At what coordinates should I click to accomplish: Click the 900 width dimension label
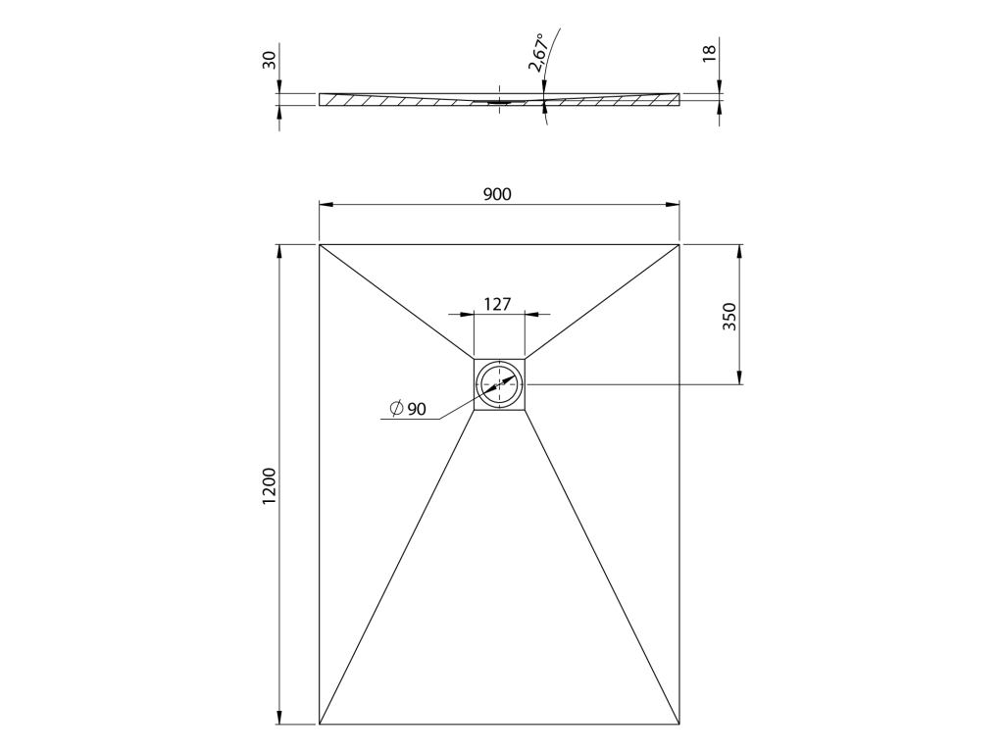(497, 194)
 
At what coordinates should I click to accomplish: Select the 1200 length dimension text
(269, 486)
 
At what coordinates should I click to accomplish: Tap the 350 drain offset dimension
(729, 317)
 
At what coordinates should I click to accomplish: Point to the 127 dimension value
(497, 304)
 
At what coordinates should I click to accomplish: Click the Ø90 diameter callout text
(408, 409)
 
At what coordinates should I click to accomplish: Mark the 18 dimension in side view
(709, 53)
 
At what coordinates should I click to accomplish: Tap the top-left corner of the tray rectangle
(320, 244)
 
